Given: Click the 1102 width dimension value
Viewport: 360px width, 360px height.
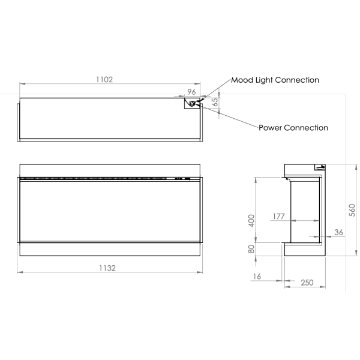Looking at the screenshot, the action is (x=104, y=79).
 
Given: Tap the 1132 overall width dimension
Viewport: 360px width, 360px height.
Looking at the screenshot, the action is (x=107, y=268).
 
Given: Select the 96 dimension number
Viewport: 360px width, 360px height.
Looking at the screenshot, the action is (x=191, y=92).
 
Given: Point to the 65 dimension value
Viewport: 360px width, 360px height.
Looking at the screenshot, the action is (x=214, y=102).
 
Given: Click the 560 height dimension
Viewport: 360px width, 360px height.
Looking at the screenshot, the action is (x=352, y=210).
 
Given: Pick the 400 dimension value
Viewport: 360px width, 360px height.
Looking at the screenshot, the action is (x=251, y=221).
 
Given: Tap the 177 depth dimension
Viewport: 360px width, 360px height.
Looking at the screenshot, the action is (x=278, y=216).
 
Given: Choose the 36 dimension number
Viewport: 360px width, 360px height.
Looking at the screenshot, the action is (x=338, y=232).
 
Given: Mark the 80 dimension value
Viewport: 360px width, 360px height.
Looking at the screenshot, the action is (x=251, y=249).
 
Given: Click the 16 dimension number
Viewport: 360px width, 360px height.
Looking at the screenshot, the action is (x=257, y=277).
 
